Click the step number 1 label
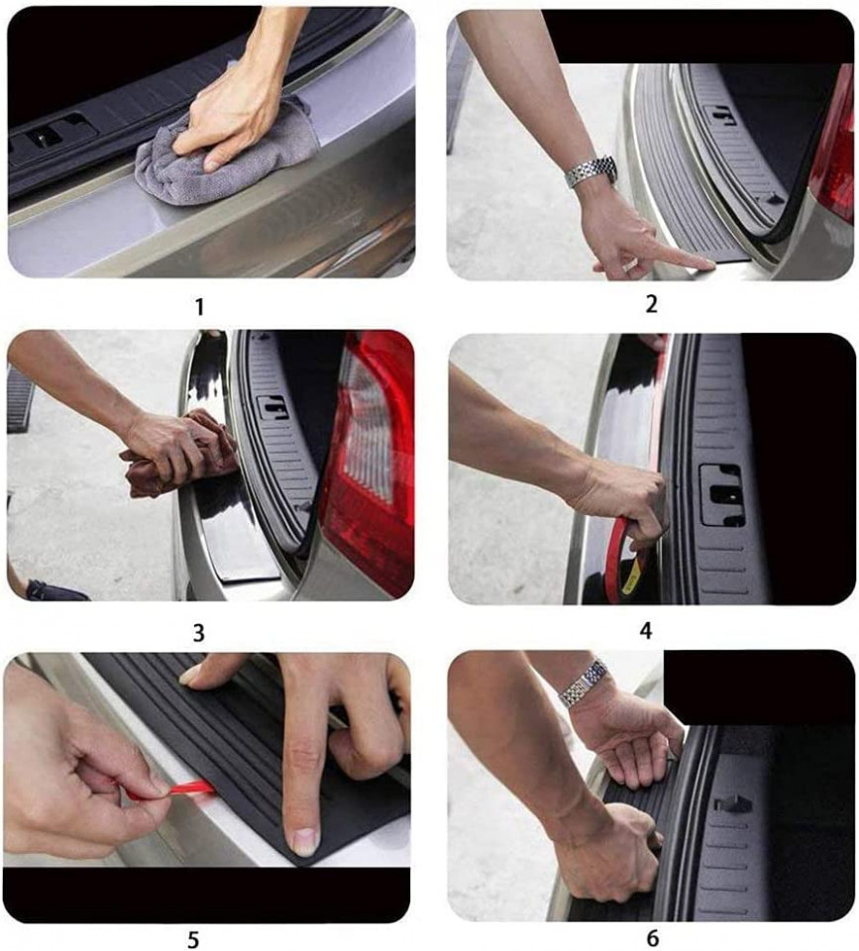click(199, 307)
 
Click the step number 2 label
click(651, 304)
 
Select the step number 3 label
click(198, 633)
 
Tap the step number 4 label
click(646, 631)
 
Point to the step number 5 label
click(193, 939)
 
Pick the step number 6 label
click(653, 938)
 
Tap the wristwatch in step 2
click(591, 171)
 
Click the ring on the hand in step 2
click(629, 265)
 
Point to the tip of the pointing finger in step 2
click(711, 264)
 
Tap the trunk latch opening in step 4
click(722, 495)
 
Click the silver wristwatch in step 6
click(585, 684)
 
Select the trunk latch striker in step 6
click(734, 804)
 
